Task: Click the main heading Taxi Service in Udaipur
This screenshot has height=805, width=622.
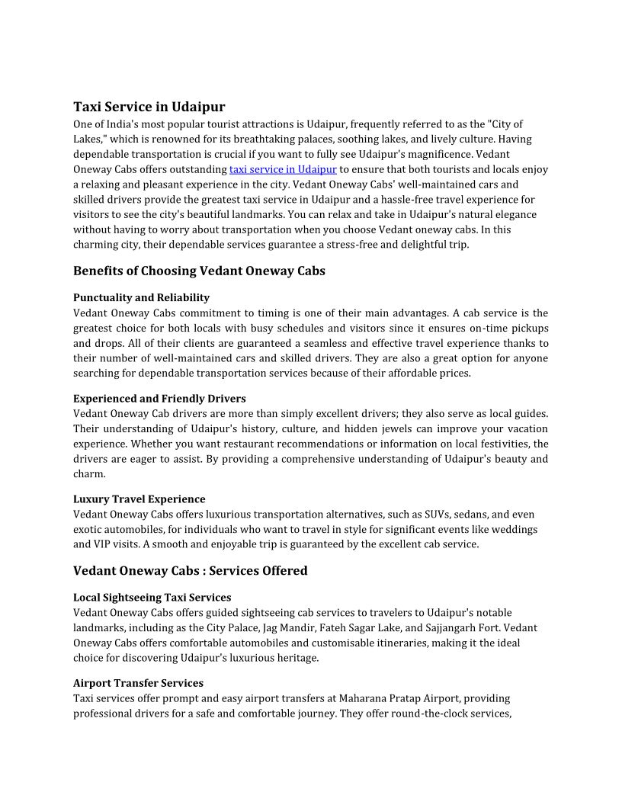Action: point(149,107)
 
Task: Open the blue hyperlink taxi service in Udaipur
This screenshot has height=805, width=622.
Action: point(283,169)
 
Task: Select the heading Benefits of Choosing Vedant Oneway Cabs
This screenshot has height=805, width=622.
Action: point(199,271)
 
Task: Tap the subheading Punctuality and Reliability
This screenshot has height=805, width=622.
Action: point(141,297)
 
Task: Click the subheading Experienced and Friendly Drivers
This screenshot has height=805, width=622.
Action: point(159,399)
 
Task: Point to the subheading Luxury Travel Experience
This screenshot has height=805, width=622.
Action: point(139,499)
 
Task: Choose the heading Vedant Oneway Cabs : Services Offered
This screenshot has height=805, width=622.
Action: point(190,571)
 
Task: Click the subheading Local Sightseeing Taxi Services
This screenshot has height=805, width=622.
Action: point(152,598)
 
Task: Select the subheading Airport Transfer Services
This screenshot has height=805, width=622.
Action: point(138,683)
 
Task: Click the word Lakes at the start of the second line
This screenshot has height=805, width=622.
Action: point(87,140)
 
